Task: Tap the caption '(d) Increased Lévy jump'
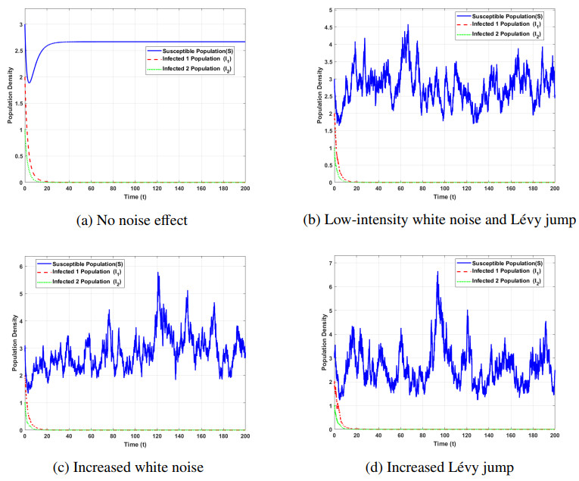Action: coord(444,467)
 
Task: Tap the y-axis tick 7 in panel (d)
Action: coord(326,263)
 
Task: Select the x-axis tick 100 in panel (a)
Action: coord(135,189)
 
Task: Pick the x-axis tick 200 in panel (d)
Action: coord(554,436)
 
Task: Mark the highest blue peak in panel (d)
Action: coord(437,272)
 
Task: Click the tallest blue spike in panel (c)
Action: coord(158,273)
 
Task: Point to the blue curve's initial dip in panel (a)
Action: coord(29,83)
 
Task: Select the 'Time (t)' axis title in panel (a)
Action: coord(135,197)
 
